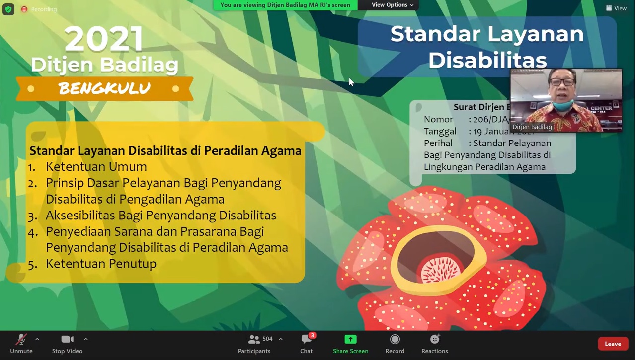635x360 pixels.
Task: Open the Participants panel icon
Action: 254,340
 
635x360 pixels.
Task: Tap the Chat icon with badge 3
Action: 306,340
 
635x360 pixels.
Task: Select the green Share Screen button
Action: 350,340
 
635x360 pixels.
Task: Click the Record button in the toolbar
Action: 395,340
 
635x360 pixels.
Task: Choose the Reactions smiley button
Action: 435,340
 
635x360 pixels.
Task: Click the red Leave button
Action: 613,344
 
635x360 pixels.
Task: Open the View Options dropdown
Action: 392,5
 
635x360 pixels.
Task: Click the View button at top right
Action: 616,8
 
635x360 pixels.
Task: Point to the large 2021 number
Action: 104,39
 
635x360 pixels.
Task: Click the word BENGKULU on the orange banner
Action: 104,89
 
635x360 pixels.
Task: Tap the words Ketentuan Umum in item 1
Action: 96,167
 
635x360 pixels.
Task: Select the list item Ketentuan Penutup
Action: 101,264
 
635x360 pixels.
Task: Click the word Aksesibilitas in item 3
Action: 80,216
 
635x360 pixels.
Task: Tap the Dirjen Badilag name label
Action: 532,127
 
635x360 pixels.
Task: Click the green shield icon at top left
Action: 8,9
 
